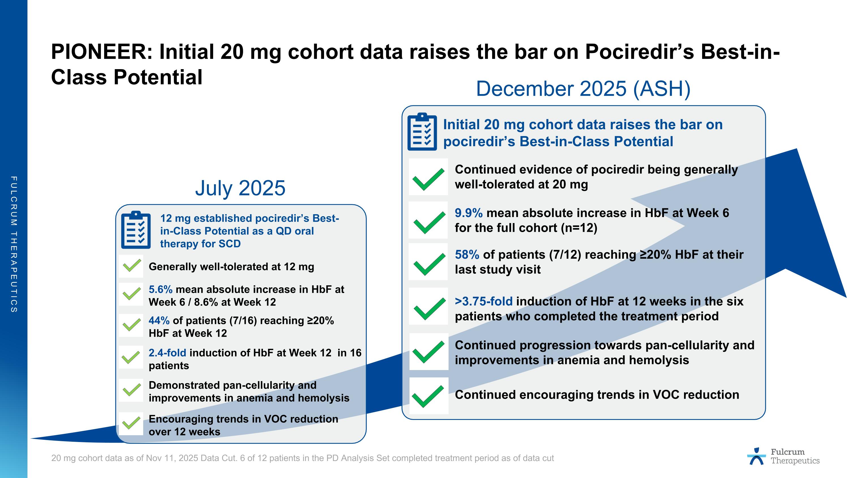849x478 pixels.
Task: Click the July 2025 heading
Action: click(x=240, y=188)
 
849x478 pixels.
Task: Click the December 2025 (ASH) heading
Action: click(x=583, y=89)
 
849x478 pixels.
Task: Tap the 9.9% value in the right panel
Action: click(x=468, y=213)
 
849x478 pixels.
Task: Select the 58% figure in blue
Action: click(x=467, y=255)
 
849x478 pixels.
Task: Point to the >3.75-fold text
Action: click(x=483, y=301)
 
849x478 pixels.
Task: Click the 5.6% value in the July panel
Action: click(x=160, y=289)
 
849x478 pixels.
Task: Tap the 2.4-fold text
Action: click(x=167, y=353)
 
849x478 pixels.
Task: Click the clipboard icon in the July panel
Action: click(x=136, y=230)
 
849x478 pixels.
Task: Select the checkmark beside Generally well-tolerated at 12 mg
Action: click(x=132, y=266)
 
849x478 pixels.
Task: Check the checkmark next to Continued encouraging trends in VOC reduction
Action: click(x=428, y=396)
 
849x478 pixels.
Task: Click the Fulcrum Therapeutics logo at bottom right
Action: click(x=783, y=456)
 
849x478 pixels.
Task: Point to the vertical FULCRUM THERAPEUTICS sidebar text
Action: click(x=14, y=244)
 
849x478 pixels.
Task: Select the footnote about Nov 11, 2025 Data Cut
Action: click(x=302, y=458)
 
